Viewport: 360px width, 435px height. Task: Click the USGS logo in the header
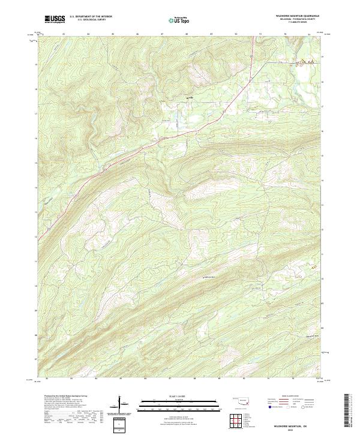pos(54,19)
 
